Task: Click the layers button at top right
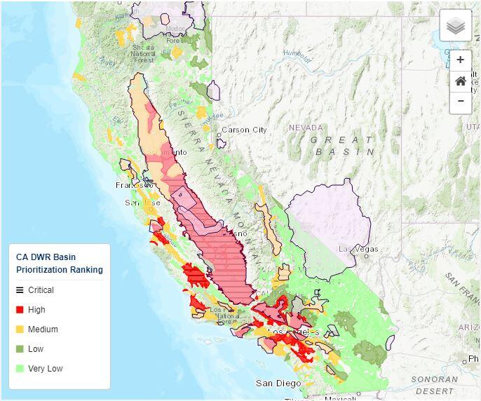(456, 26)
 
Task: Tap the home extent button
(461, 81)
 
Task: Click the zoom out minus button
(461, 102)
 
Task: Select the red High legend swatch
(20, 310)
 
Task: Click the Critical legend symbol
(20, 290)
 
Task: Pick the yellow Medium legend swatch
(20, 329)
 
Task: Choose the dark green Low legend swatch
(20, 349)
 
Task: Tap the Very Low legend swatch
(20, 369)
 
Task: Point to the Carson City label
(244, 130)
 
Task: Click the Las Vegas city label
(358, 249)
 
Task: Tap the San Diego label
(278, 383)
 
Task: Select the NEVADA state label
(306, 128)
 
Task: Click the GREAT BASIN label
(343, 146)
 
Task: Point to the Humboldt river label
(297, 55)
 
